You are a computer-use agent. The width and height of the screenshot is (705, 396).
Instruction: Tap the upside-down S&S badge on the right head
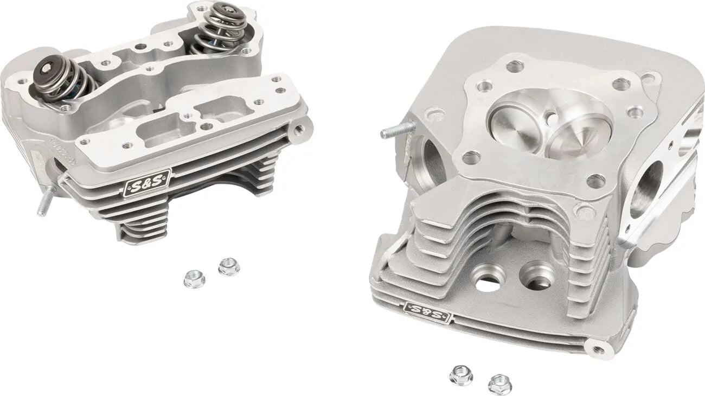tap(426, 312)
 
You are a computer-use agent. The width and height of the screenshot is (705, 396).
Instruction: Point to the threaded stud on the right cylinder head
tap(396, 131)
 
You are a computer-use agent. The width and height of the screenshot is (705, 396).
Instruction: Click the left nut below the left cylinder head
tap(194, 279)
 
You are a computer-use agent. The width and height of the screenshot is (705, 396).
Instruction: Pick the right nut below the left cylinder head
tap(229, 267)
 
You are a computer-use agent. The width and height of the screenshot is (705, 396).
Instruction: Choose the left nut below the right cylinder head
tap(460, 375)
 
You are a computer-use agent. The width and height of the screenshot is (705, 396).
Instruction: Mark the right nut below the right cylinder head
tap(499, 384)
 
